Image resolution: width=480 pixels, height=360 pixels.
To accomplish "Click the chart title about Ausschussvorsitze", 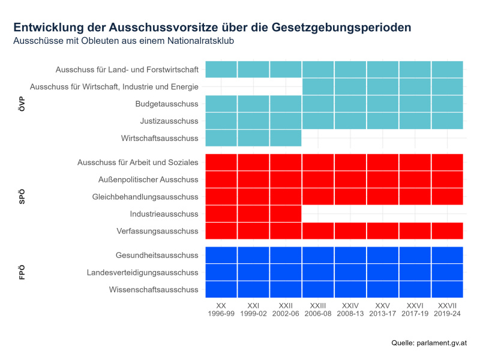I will click(x=212, y=28).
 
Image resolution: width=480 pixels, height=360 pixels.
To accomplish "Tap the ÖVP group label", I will click(x=22, y=104).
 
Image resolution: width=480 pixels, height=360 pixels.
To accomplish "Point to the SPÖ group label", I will click(x=22, y=197).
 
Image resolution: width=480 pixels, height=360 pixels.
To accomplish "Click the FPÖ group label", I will click(x=22, y=272).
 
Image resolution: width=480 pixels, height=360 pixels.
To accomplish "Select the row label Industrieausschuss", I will click(x=164, y=214).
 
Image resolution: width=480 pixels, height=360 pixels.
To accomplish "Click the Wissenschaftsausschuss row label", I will click(x=154, y=290).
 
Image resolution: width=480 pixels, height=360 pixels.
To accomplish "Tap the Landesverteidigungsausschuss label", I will click(x=143, y=272).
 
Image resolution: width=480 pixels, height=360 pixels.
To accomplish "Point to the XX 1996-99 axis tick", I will click(x=221, y=310).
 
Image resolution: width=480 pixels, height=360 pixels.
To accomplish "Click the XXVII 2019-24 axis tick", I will click(x=447, y=310).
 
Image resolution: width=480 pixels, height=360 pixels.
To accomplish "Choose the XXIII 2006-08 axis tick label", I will click(x=318, y=310).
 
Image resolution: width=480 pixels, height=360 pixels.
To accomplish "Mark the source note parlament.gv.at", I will click(x=428, y=343).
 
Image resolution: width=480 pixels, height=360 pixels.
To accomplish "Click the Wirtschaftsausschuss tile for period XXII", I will click(x=286, y=138).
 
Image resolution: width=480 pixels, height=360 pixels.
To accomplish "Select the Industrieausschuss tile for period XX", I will click(x=221, y=214).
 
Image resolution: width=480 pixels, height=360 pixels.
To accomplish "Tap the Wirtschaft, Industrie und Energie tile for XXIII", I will click(x=318, y=86).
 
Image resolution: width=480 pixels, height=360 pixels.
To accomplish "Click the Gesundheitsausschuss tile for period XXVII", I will click(x=447, y=255).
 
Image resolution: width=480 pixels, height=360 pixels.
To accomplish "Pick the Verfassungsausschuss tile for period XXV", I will click(x=383, y=231).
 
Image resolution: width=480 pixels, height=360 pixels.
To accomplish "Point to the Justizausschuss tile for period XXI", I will click(x=253, y=121).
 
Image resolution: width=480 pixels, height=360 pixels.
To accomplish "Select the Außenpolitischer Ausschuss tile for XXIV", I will click(x=350, y=179).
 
